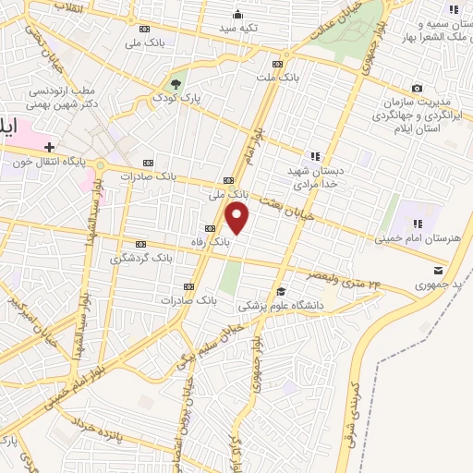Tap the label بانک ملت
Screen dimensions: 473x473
point(278,78)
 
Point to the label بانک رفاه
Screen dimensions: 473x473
point(212,240)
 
